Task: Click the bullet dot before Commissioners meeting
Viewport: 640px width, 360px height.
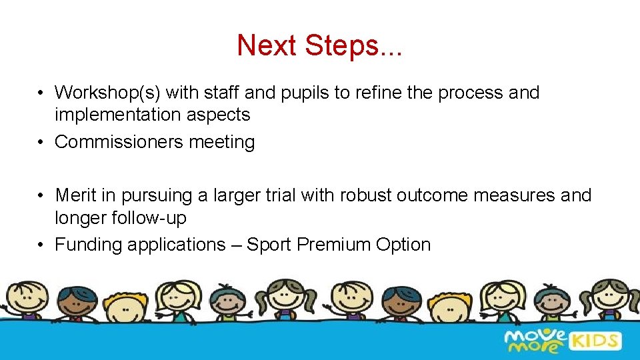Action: pyautogui.click(x=41, y=142)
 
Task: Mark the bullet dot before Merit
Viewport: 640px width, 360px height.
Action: pyautogui.click(x=41, y=195)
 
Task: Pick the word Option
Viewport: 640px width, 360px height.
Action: pyautogui.click(x=403, y=245)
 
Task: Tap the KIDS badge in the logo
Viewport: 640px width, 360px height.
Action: pyautogui.click(x=595, y=341)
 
